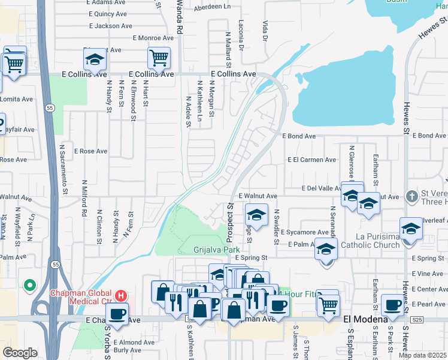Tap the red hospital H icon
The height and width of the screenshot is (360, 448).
[122, 295]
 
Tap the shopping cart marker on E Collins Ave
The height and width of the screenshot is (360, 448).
[159, 58]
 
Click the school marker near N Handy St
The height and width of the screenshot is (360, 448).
[95, 59]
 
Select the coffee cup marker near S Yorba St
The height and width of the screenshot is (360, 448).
[117, 313]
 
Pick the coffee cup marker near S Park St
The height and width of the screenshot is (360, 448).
[392, 304]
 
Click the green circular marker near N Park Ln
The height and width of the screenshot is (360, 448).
[28, 286]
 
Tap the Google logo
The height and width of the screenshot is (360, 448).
[20, 353]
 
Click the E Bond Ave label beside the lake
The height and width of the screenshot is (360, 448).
[298, 136]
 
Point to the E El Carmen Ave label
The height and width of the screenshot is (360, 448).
[311, 160]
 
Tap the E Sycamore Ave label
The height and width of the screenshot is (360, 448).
[308, 232]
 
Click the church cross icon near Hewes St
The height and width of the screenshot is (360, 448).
[411, 196]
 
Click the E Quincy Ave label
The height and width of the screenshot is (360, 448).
[107, 14]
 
